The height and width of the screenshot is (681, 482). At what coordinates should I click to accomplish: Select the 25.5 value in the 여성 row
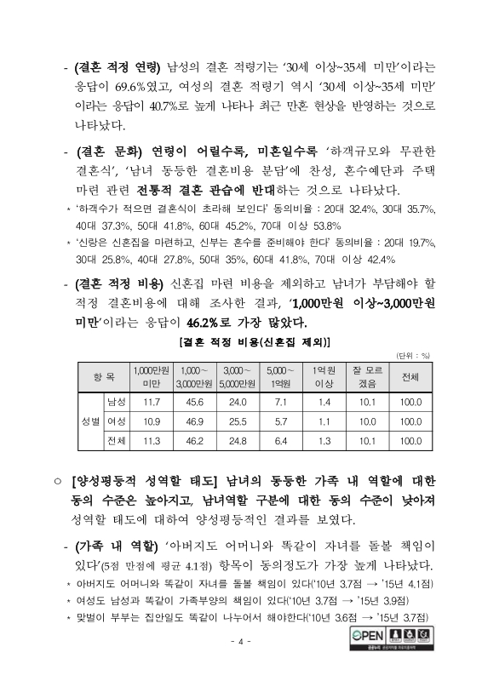tap(234, 421)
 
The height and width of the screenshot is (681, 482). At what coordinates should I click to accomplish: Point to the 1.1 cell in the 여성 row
tap(323, 421)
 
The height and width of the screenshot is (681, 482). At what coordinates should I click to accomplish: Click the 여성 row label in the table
tap(116, 421)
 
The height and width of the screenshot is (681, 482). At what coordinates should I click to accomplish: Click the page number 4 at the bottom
tap(241, 641)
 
